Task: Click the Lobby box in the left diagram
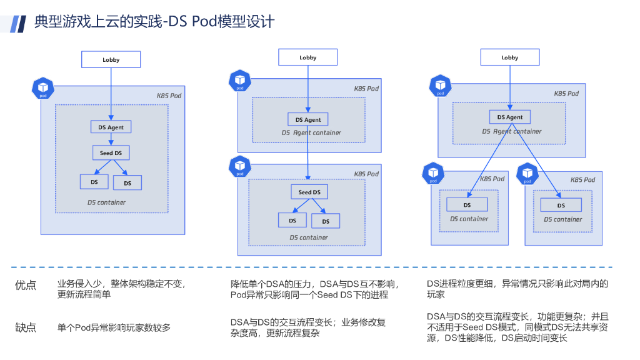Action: [x=111, y=59]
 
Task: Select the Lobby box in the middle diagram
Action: [x=307, y=57]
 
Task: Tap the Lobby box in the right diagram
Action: [x=510, y=57]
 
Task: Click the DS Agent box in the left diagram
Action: [x=111, y=127]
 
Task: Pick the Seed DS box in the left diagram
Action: [x=111, y=152]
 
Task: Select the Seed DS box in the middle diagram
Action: [x=309, y=192]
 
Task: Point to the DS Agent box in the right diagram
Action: [x=510, y=117]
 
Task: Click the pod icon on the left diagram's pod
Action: [x=43, y=88]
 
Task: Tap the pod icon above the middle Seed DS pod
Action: [x=240, y=166]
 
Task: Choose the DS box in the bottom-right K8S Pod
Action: [x=561, y=205]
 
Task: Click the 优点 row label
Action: [x=25, y=285]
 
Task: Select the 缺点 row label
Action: [x=25, y=327]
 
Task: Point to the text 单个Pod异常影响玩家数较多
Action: [x=114, y=327]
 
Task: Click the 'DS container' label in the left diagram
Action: [x=106, y=202]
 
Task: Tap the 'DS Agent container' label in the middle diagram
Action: [x=311, y=132]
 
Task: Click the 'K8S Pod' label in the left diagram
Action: [x=169, y=96]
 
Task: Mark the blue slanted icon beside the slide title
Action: [x=18, y=24]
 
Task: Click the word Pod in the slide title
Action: [x=204, y=21]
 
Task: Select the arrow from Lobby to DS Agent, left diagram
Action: [x=111, y=94]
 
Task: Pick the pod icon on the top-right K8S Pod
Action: [x=441, y=85]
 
